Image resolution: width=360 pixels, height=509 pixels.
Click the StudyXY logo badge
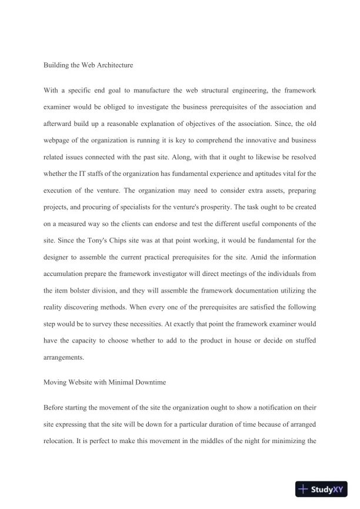[x=320, y=489]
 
